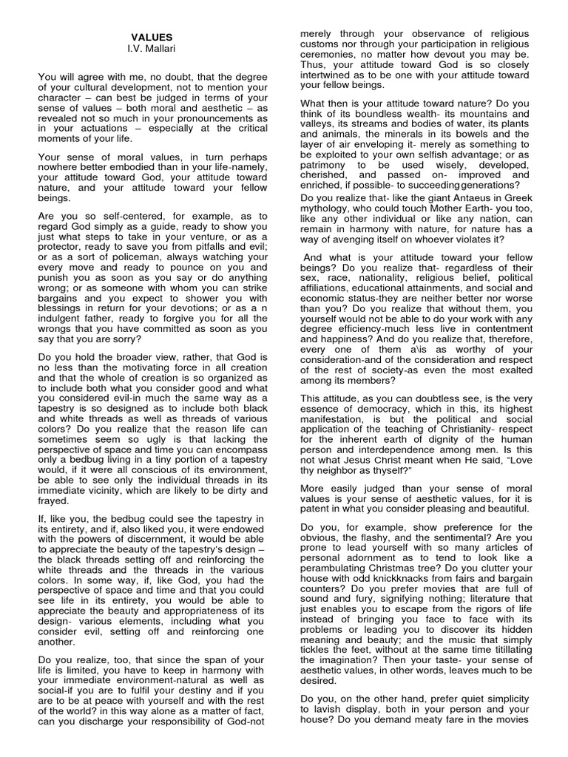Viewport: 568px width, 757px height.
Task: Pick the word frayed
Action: click(53, 500)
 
